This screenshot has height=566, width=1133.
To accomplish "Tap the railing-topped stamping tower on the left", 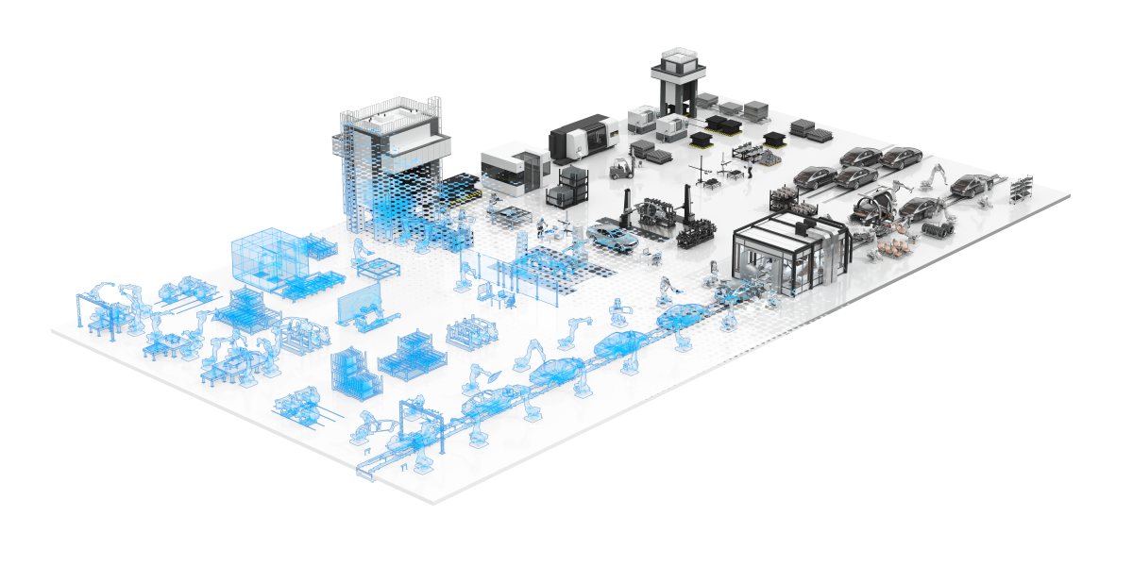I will pos(389,156).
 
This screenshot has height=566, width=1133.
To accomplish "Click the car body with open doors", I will pos(875,203).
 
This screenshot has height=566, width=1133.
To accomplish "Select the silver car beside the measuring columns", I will pos(612,233).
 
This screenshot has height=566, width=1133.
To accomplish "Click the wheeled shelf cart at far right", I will pos(1023,188).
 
